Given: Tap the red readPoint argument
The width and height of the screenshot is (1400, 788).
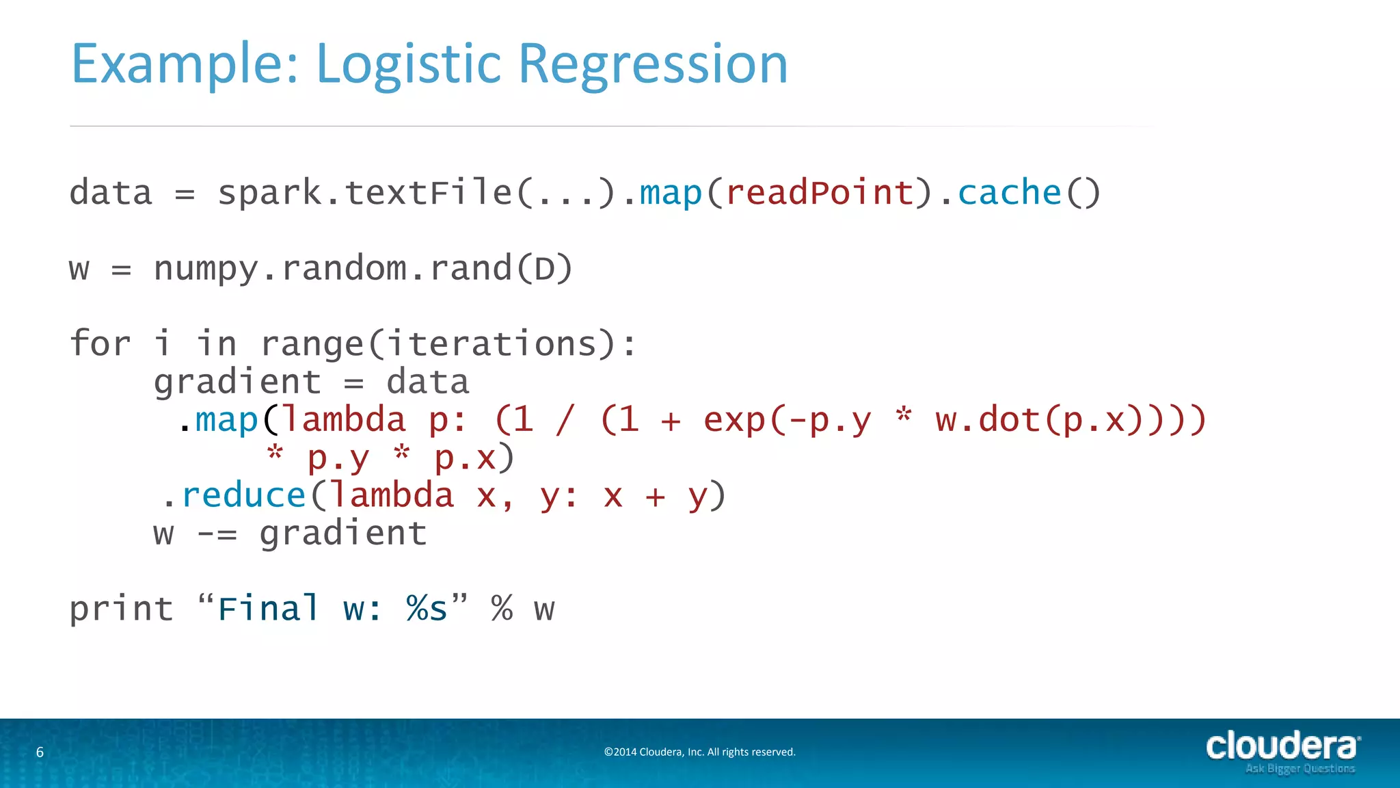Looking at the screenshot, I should pos(819,192).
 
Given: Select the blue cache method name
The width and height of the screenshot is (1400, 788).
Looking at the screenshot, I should pos(1009,192).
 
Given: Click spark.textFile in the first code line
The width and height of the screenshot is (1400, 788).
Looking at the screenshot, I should pos(364,192).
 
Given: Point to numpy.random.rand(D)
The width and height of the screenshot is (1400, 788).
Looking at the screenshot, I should pos(363,268).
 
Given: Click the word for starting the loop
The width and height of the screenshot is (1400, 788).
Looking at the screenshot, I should pos(100,343).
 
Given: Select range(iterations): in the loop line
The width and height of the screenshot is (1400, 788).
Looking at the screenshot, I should pos(448,344).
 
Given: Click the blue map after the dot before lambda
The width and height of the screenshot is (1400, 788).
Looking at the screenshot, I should pos(226,419).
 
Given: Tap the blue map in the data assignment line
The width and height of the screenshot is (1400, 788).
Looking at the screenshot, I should pos(671,192).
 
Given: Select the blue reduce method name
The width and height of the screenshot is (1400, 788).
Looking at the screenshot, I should pos(243,495).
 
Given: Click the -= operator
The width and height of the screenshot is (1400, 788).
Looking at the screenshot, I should pos(217,534).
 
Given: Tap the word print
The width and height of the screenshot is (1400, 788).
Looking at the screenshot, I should pos(122,609).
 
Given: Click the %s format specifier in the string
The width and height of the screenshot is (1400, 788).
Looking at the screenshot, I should pos(427,608).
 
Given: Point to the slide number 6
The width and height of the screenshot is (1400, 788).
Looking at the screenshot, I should pos(40,752).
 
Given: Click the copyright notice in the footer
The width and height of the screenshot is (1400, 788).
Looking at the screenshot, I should pos(699,752).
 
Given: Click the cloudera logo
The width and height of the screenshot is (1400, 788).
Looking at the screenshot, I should pos(1281,746).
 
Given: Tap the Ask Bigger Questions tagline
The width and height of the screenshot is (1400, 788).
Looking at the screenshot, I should pos(1300,769).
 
